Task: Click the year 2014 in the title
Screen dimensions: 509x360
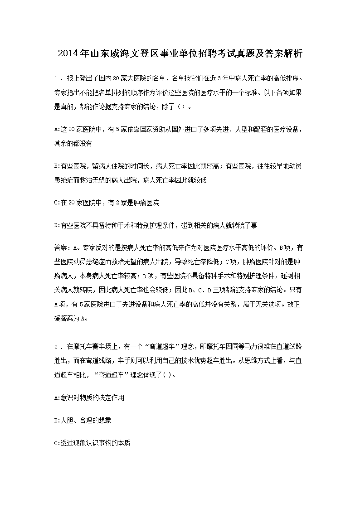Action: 68,54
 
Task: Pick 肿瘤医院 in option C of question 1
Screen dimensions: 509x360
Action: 144,202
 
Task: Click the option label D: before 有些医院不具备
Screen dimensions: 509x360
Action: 57,225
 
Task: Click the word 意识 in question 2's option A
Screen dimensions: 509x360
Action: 66,398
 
